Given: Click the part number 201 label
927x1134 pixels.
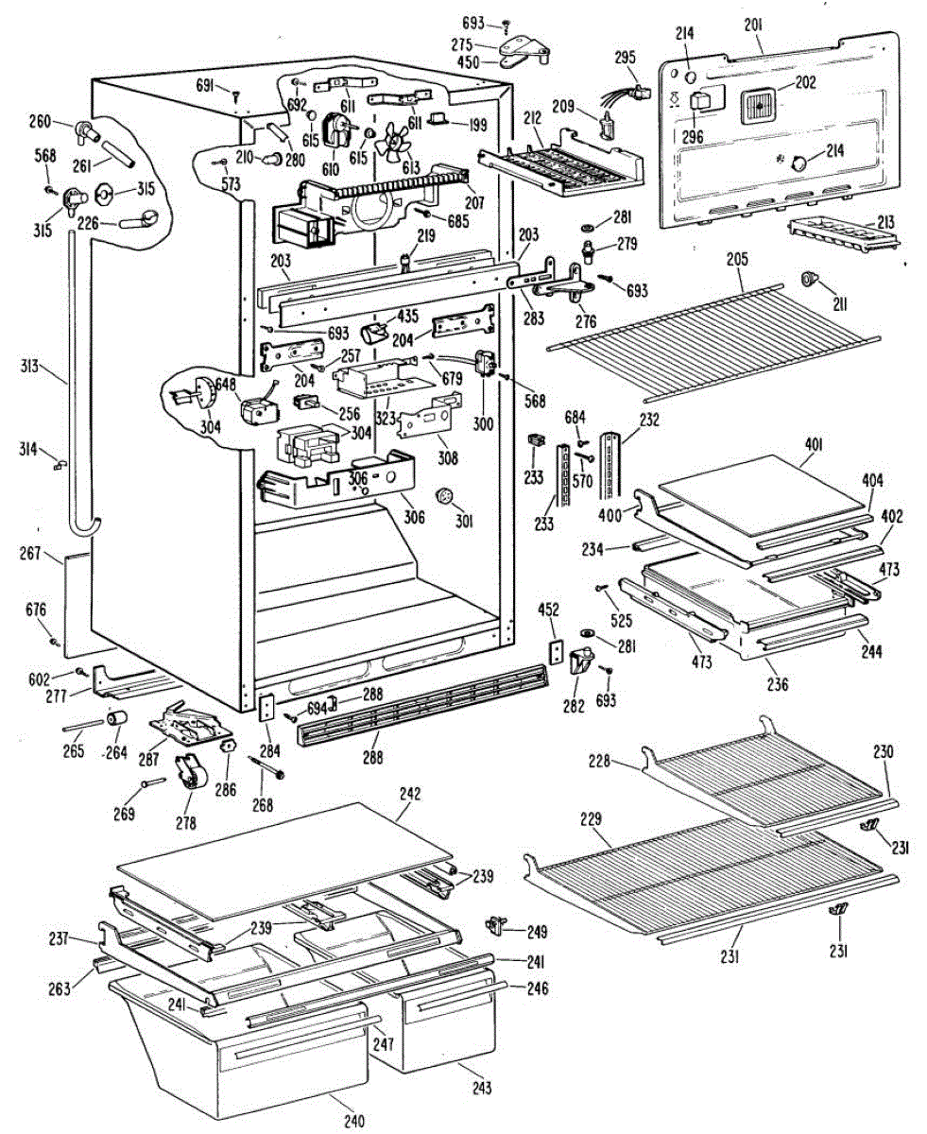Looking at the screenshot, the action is pos(753,26).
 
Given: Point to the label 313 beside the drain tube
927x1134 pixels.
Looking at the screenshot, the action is pos(29,367).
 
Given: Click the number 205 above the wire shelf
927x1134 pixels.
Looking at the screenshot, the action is pos(737,259).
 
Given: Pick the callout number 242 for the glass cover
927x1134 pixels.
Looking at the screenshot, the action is pos(410,794).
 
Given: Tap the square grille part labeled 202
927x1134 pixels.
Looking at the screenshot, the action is pos(759,106).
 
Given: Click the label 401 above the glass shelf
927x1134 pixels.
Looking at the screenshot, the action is pos(815,445).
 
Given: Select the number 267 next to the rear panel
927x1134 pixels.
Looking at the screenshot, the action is pos(30,553).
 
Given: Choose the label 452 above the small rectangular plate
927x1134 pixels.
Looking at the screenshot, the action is pos(548,610).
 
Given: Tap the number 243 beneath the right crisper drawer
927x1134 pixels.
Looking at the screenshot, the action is pos(482,1089).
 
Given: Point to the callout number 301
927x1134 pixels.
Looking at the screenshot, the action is pos(463,521).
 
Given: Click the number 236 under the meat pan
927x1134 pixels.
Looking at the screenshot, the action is pos(777,684).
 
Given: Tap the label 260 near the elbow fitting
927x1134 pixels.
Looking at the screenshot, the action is pos(40,122).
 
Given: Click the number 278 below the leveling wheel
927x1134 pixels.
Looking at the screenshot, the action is pos(185,823).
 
